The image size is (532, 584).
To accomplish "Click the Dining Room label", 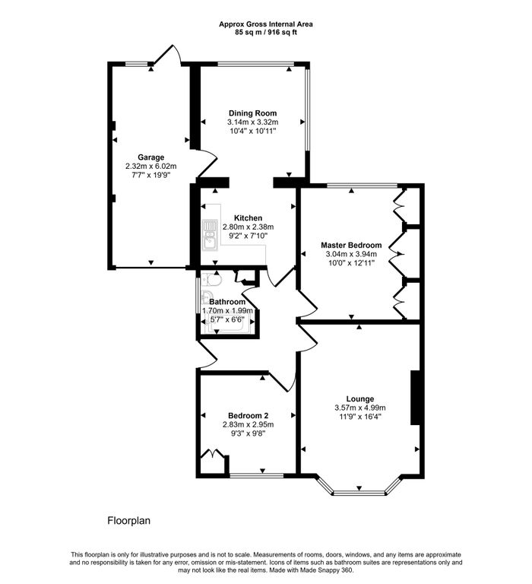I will pos(252,113).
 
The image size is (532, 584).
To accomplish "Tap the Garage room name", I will pos(150,157).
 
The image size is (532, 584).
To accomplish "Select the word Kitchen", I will pos(248,217).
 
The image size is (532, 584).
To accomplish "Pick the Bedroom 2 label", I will pos(247,415).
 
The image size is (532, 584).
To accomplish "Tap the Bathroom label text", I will pos(227,302).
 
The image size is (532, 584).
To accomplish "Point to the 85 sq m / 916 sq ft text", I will pos(266,33).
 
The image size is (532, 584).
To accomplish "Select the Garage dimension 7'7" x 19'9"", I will pos(150,176).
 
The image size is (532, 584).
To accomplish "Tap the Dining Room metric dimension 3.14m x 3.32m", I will pos(252,122).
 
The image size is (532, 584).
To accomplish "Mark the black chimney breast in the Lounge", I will pos(415,398).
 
